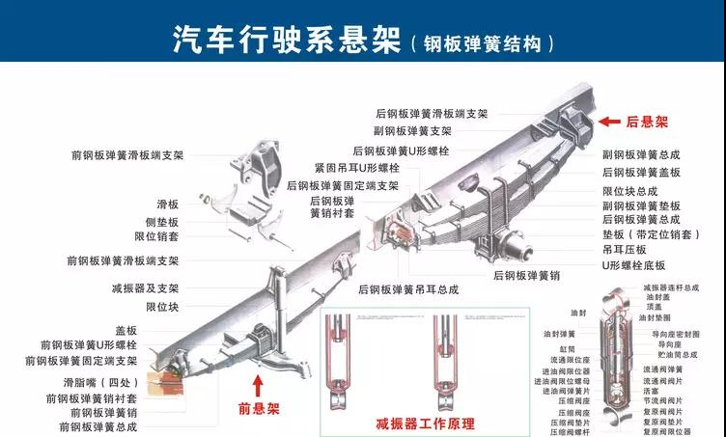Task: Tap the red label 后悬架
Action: click(647, 123)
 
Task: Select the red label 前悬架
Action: click(258, 409)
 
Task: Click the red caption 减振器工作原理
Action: click(426, 423)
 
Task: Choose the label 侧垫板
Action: click(161, 221)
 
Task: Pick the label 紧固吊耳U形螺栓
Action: click(356, 168)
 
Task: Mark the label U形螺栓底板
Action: click(633, 264)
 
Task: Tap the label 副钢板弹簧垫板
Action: click(641, 205)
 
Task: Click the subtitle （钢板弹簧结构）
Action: click(483, 43)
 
